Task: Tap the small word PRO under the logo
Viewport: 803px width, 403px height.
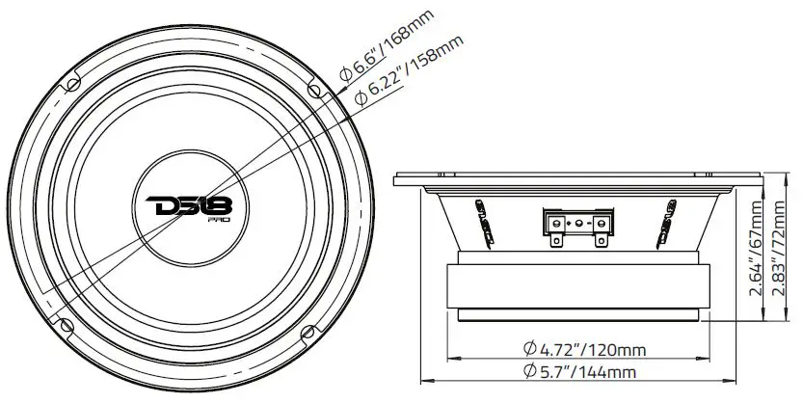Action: click(222, 221)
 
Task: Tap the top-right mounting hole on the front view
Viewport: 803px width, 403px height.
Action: click(314, 89)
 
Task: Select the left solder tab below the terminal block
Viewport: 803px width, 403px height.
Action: click(556, 242)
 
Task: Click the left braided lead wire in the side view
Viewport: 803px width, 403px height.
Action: click(478, 217)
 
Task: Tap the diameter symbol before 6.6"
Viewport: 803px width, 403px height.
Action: click(344, 73)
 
